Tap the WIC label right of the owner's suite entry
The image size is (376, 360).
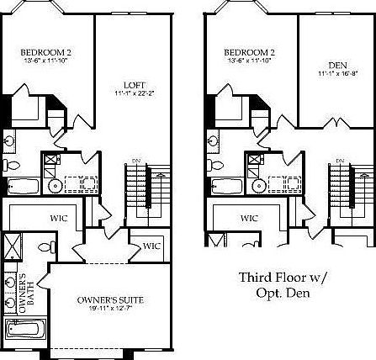(151, 246)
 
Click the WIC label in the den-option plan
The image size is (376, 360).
(249, 218)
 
